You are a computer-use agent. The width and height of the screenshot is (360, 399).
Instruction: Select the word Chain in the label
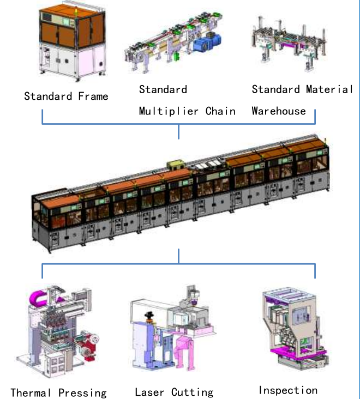[221, 111]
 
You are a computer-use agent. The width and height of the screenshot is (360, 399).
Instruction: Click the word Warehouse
[279, 111]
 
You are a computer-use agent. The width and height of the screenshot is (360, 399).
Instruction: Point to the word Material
[329, 89]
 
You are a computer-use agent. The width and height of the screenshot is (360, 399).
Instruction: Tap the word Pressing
[82, 392]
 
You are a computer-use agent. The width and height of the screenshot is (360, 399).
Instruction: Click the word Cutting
[193, 392]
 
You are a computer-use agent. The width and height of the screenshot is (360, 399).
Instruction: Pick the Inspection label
[287, 390]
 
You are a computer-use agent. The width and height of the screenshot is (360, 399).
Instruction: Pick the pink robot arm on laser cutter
[187, 354]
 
